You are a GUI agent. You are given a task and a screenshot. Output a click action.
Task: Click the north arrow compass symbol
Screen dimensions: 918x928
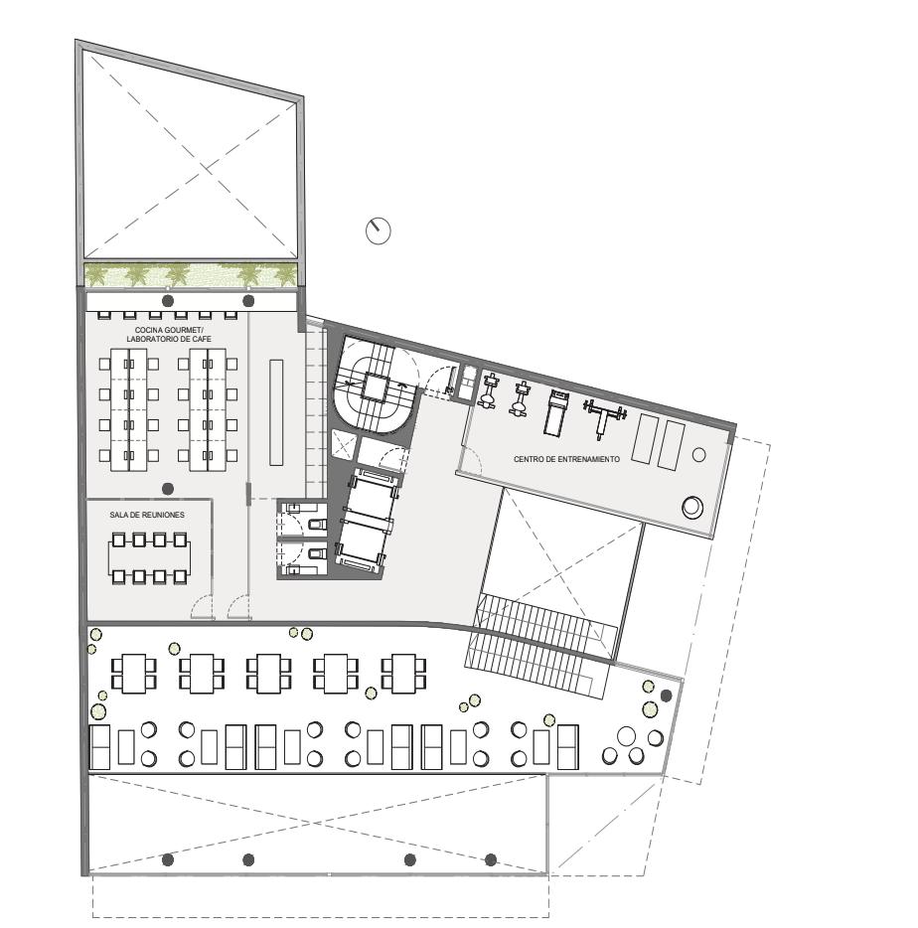[x=379, y=231]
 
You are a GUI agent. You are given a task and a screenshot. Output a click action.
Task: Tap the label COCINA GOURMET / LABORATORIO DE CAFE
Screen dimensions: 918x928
[x=169, y=335]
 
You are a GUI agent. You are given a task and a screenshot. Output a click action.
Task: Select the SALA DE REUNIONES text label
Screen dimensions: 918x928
[x=147, y=515]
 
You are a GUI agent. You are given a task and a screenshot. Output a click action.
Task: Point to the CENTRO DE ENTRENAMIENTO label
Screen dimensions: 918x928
[x=566, y=459]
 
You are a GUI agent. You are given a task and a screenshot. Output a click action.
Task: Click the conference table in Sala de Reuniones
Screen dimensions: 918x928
[x=150, y=557]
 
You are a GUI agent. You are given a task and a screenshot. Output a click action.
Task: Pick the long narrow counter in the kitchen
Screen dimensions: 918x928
[x=276, y=412]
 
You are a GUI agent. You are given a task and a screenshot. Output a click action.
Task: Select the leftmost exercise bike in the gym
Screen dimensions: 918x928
[x=488, y=390]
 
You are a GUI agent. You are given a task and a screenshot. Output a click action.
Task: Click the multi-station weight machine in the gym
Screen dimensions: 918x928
[x=604, y=416]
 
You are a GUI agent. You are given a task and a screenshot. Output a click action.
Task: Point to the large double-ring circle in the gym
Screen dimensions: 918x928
[x=692, y=507]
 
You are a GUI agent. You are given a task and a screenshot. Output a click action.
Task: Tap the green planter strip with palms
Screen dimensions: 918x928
[x=191, y=274]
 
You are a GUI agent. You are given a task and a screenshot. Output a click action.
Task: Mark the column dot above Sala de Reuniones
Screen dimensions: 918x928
[x=168, y=489]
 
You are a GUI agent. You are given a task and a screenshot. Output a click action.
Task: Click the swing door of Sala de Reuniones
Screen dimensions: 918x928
[x=203, y=607]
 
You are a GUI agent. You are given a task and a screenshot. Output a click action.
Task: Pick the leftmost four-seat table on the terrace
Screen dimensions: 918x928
[x=134, y=674]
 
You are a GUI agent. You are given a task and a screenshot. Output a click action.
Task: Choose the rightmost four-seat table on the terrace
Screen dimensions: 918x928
[x=403, y=674]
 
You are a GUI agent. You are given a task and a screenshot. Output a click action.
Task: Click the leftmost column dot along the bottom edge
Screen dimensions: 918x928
[x=168, y=858]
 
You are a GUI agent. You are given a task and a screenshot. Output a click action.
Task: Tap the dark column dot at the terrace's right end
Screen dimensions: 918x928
[x=667, y=696]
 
